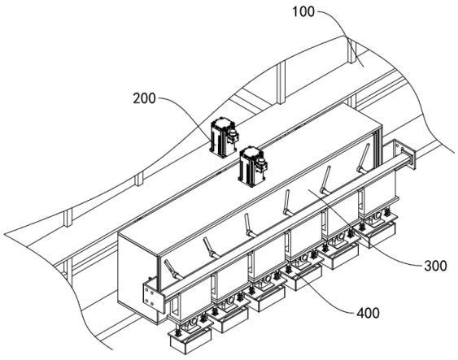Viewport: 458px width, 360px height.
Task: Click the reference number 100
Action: click(303, 12)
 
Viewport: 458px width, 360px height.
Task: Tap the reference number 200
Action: click(144, 98)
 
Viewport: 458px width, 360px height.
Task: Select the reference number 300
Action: click(435, 266)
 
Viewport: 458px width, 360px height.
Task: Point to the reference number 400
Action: click(368, 313)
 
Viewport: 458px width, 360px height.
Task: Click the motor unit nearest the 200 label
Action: click(224, 137)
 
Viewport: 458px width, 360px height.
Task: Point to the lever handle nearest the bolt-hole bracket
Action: click(173, 270)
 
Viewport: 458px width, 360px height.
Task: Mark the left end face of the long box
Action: click(137, 275)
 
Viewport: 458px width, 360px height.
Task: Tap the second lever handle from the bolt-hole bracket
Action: click(212, 248)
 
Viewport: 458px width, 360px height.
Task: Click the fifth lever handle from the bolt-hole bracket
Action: click(325, 180)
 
